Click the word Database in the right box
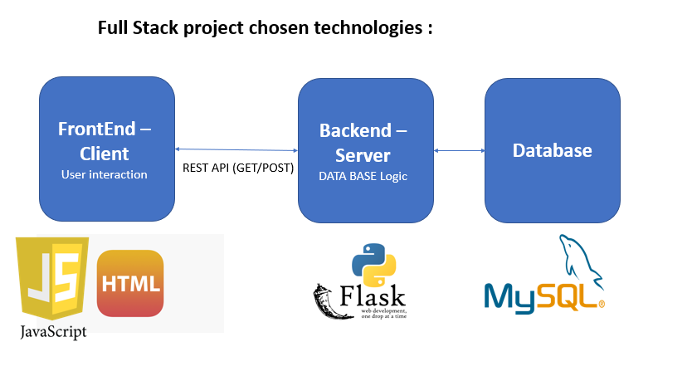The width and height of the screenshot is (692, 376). pos(553,150)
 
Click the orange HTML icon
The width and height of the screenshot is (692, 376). pos(130,283)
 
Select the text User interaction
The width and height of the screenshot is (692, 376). pos(105,174)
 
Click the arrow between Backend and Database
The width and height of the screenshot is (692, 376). pos(460,150)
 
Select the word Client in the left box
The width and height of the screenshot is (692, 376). pos(105,154)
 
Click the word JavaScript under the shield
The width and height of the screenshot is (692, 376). pos(53,332)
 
